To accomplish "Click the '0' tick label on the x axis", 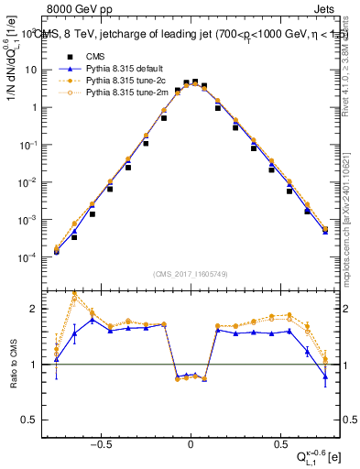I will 191,441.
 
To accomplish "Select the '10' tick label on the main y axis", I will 31,70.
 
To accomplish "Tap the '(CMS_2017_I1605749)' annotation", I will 191,274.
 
